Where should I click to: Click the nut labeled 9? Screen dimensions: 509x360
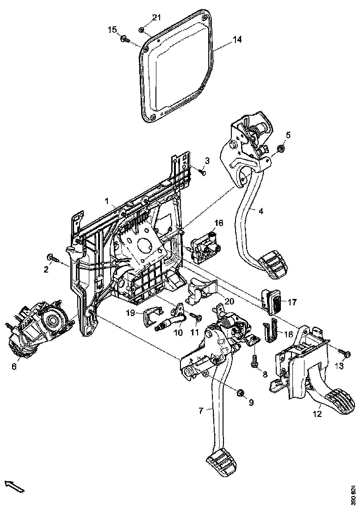240,393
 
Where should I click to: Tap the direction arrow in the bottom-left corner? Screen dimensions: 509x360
14,486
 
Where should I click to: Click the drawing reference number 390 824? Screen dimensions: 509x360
353,494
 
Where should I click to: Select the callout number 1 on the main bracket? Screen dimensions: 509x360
106,202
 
